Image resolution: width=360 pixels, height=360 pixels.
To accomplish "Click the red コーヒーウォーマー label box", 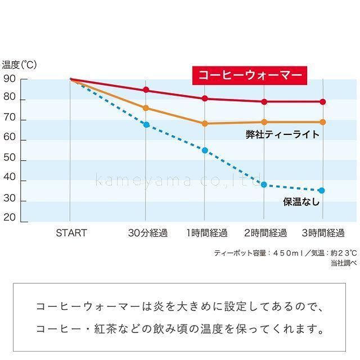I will [249, 75].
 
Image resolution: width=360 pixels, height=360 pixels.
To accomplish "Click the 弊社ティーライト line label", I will [282, 134].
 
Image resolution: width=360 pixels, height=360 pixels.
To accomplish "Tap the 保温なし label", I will [301, 201].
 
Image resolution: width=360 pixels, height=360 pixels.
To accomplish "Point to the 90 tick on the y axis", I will [9, 79].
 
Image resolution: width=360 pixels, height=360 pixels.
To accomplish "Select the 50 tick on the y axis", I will [9, 160].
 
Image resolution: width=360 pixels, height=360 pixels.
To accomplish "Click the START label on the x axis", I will [71, 233].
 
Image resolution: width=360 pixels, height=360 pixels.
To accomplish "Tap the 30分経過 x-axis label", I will [147, 233].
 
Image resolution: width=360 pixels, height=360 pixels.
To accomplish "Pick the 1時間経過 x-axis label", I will [206, 233].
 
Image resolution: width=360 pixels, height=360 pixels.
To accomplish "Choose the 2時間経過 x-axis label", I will [265, 233].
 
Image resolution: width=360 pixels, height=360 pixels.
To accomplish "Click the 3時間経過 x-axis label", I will [323, 233].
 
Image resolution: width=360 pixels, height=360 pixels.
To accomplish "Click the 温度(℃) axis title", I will [19, 65].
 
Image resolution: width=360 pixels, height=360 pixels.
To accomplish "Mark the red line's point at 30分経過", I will [146, 90].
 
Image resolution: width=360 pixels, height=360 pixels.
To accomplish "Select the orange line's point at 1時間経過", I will [205, 123].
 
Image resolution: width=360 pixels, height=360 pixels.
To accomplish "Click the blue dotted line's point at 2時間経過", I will [264, 184].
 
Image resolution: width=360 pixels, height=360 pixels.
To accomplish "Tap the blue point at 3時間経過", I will [322, 191].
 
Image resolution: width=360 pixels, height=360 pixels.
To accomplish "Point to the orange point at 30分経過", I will [146, 108].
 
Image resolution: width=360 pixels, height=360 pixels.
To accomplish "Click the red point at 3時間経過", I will [322, 102].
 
